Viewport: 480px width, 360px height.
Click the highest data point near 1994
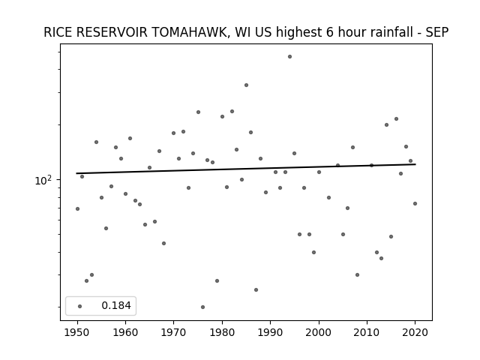(x=289, y=57)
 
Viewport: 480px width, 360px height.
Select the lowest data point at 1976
(x=202, y=307)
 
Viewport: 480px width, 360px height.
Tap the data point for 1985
(x=246, y=85)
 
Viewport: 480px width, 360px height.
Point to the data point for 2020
(x=415, y=203)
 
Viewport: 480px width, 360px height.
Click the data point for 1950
(x=77, y=208)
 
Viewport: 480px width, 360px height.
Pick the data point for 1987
(x=256, y=290)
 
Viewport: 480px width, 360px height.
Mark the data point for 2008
(x=357, y=275)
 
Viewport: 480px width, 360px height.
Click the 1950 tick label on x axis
(x=77, y=332)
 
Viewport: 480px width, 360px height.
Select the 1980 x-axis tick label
(x=222, y=332)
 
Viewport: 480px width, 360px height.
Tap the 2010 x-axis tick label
(x=367, y=332)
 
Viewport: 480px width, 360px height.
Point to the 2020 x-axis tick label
(x=415, y=332)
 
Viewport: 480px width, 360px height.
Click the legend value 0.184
(x=116, y=305)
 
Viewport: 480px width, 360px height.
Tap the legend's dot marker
(x=80, y=306)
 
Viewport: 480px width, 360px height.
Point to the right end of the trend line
(x=415, y=164)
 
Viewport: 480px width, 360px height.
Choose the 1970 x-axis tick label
(x=174, y=332)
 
